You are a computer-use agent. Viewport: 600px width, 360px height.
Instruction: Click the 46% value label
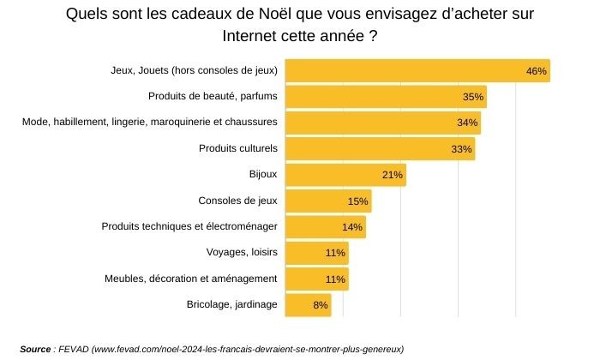(x=537, y=71)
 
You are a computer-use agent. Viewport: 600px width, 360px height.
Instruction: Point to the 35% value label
(x=473, y=98)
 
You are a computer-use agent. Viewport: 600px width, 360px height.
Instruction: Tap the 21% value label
(x=393, y=176)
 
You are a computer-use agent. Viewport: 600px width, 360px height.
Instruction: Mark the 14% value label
(x=352, y=228)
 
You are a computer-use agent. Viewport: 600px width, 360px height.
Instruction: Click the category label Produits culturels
(x=238, y=148)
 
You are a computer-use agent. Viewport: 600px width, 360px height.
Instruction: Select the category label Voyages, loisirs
(x=242, y=252)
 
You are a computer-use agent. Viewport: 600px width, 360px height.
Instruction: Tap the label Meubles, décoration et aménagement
(x=190, y=279)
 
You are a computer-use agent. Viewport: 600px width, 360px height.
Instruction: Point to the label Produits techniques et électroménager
(x=189, y=226)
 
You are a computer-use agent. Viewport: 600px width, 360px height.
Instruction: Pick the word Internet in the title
(x=254, y=38)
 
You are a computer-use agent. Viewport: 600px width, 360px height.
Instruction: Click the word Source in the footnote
(x=35, y=349)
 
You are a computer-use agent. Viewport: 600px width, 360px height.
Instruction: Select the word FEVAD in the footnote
(x=74, y=349)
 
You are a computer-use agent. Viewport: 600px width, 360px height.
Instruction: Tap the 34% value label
(x=467, y=123)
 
